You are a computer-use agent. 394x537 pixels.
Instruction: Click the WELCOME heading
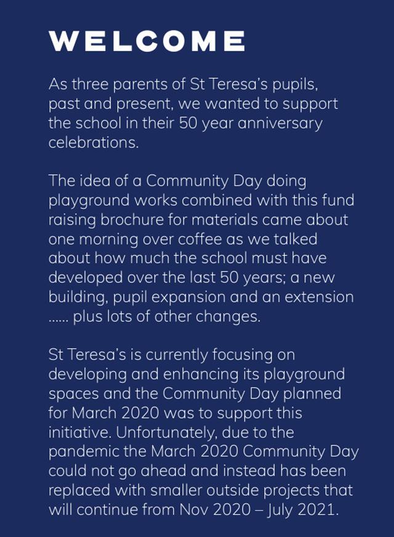coord(147,41)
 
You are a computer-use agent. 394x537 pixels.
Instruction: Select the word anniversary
coord(281,123)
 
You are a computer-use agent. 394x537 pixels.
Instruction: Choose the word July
coord(280,511)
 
